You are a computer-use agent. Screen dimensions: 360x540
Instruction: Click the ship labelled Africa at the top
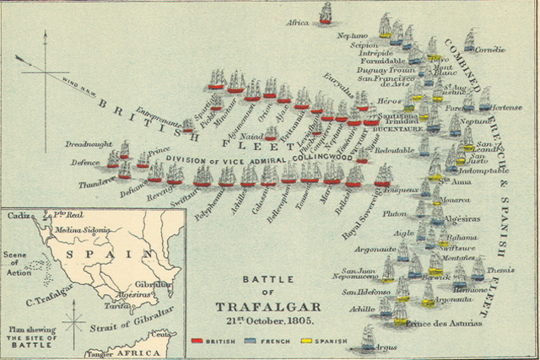click(326, 13)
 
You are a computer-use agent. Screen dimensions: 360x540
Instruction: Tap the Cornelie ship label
click(489, 50)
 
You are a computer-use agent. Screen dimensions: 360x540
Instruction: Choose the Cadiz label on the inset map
click(18, 217)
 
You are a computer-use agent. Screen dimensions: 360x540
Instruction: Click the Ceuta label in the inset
click(169, 335)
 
